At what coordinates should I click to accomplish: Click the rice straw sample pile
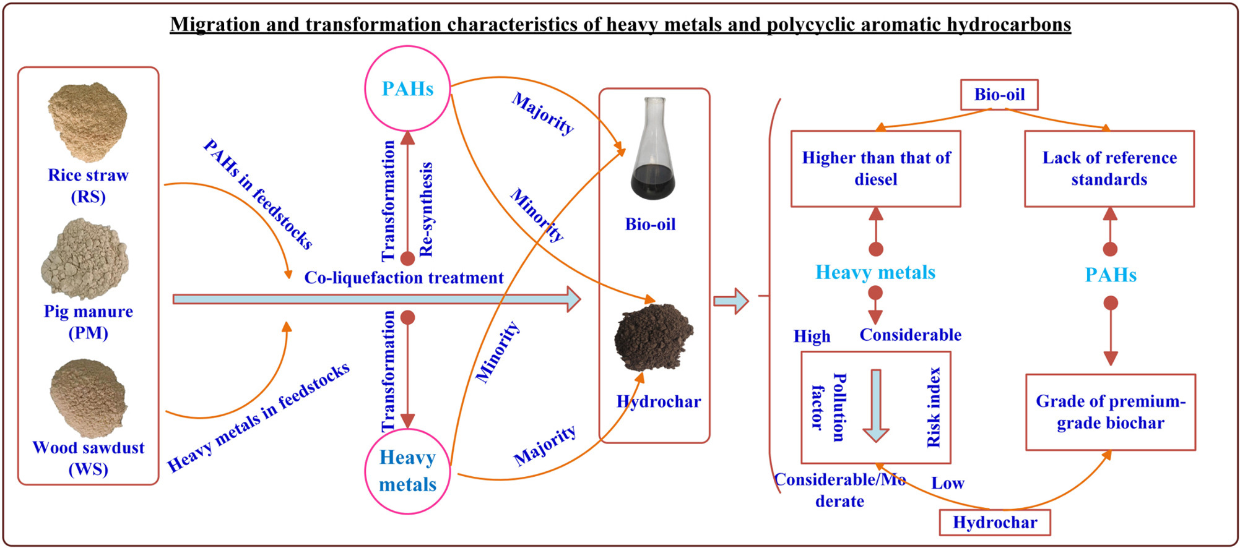(x=87, y=121)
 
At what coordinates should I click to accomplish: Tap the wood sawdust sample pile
(x=89, y=398)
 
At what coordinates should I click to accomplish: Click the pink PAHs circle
(x=407, y=88)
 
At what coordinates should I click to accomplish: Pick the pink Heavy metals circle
(x=407, y=471)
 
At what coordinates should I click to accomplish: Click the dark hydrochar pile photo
(x=654, y=336)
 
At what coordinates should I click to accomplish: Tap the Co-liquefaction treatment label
(x=404, y=278)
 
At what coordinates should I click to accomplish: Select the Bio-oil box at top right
(x=999, y=95)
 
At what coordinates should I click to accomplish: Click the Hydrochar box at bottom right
(x=994, y=523)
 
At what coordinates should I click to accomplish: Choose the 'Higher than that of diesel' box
(x=875, y=168)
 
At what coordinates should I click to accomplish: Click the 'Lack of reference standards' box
(x=1109, y=168)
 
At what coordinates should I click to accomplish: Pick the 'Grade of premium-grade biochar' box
(x=1110, y=412)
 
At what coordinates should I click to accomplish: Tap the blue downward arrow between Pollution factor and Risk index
(x=876, y=406)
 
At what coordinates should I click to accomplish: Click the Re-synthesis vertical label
(x=427, y=209)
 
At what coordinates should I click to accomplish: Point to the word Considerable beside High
(x=910, y=335)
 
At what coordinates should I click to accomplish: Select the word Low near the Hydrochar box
(x=947, y=483)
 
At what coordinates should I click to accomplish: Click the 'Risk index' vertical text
(x=933, y=407)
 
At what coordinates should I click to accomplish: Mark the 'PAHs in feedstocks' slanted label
(x=258, y=194)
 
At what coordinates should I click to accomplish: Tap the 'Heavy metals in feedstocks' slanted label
(x=258, y=417)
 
